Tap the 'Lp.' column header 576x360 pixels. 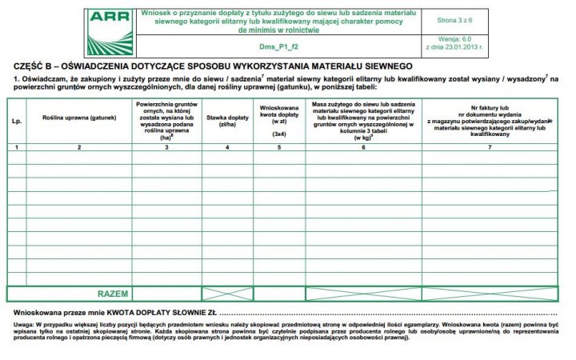(x=16, y=120)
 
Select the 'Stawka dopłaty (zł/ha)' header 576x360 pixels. (x=227, y=122)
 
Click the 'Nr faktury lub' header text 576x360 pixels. (x=490, y=106)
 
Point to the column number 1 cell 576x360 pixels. (x=16, y=147)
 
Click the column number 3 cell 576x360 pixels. (x=166, y=147)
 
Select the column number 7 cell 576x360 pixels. (x=490, y=147)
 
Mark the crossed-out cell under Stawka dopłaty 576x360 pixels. (x=227, y=294)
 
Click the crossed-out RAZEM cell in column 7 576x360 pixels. (x=490, y=294)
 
